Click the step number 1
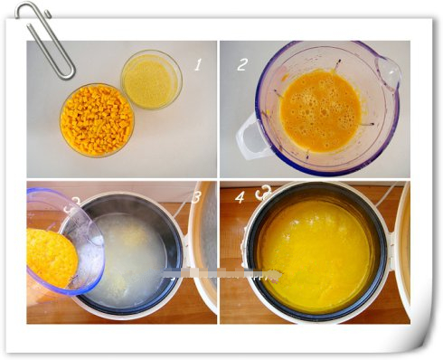(198, 65)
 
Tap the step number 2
(242, 64)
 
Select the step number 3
(196, 197)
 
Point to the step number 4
(240, 197)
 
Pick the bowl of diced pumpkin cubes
(97, 119)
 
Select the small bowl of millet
(151, 80)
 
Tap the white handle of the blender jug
(249, 138)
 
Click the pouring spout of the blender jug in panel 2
(388, 72)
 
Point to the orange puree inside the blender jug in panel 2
(320, 110)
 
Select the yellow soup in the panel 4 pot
(316, 252)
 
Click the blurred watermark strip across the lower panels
(222, 274)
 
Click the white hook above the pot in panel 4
(264, 192)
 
